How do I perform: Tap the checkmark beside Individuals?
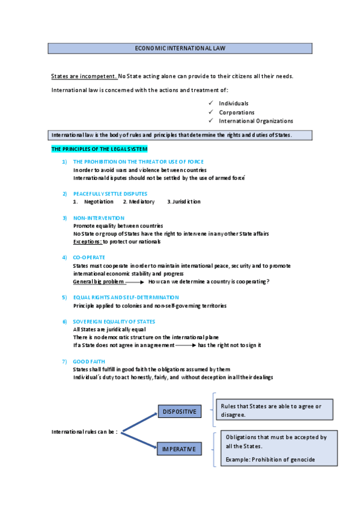210,103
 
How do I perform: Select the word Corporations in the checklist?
236,112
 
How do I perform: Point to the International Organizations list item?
255,121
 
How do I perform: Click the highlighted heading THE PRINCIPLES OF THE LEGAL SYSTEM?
99,149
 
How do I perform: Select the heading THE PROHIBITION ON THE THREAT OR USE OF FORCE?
138,162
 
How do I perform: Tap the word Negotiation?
99,202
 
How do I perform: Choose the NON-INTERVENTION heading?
99,218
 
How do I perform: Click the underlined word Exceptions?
87,242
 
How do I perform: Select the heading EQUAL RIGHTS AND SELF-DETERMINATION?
126,297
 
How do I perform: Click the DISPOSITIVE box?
180,411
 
